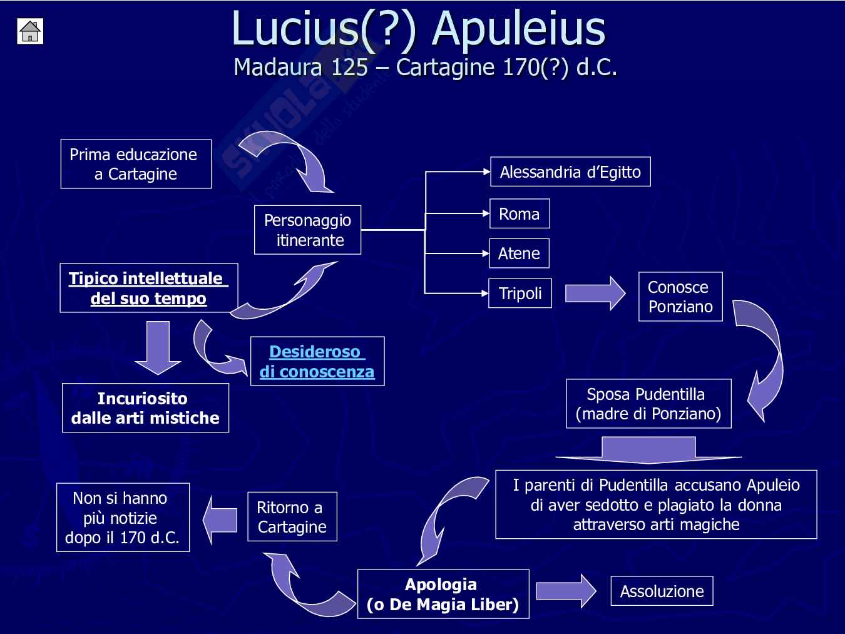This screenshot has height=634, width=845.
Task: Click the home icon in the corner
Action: point(30,31)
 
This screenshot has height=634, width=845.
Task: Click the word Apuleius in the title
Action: point(519,29)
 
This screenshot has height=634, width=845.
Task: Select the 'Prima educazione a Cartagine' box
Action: point(136,164)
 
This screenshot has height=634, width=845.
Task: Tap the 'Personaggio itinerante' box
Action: point(307,230)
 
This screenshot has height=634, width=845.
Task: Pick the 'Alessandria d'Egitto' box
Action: point(570,172)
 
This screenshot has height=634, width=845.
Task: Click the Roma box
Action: point(519,214)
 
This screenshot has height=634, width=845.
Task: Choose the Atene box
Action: point(519,253)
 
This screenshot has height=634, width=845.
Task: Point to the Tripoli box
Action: point(520,293)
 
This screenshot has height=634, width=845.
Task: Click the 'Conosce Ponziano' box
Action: point(680,297)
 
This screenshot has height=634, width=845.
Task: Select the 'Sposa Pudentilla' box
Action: point(648,404)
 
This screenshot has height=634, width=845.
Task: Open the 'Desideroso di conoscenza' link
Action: point(317,361)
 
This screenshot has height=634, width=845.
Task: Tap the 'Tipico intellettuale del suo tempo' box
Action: point(148,288)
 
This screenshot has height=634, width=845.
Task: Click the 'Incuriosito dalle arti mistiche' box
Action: point(145,408)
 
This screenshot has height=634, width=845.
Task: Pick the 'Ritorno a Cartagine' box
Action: point(292,517)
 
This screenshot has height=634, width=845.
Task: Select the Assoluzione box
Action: point(662,591)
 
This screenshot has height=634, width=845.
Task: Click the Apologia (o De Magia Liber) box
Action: point(443,594)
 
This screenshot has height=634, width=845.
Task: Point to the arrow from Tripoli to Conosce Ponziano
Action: point(595,293)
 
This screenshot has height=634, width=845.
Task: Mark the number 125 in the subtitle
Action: point(349,67)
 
